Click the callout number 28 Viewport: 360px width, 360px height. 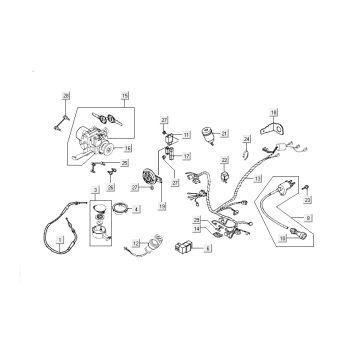(x=66, y=94)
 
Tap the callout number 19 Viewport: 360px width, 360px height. (x=161, y=203)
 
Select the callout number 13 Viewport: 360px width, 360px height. (x=257, y=179)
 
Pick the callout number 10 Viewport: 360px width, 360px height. (x=283, y=238)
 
